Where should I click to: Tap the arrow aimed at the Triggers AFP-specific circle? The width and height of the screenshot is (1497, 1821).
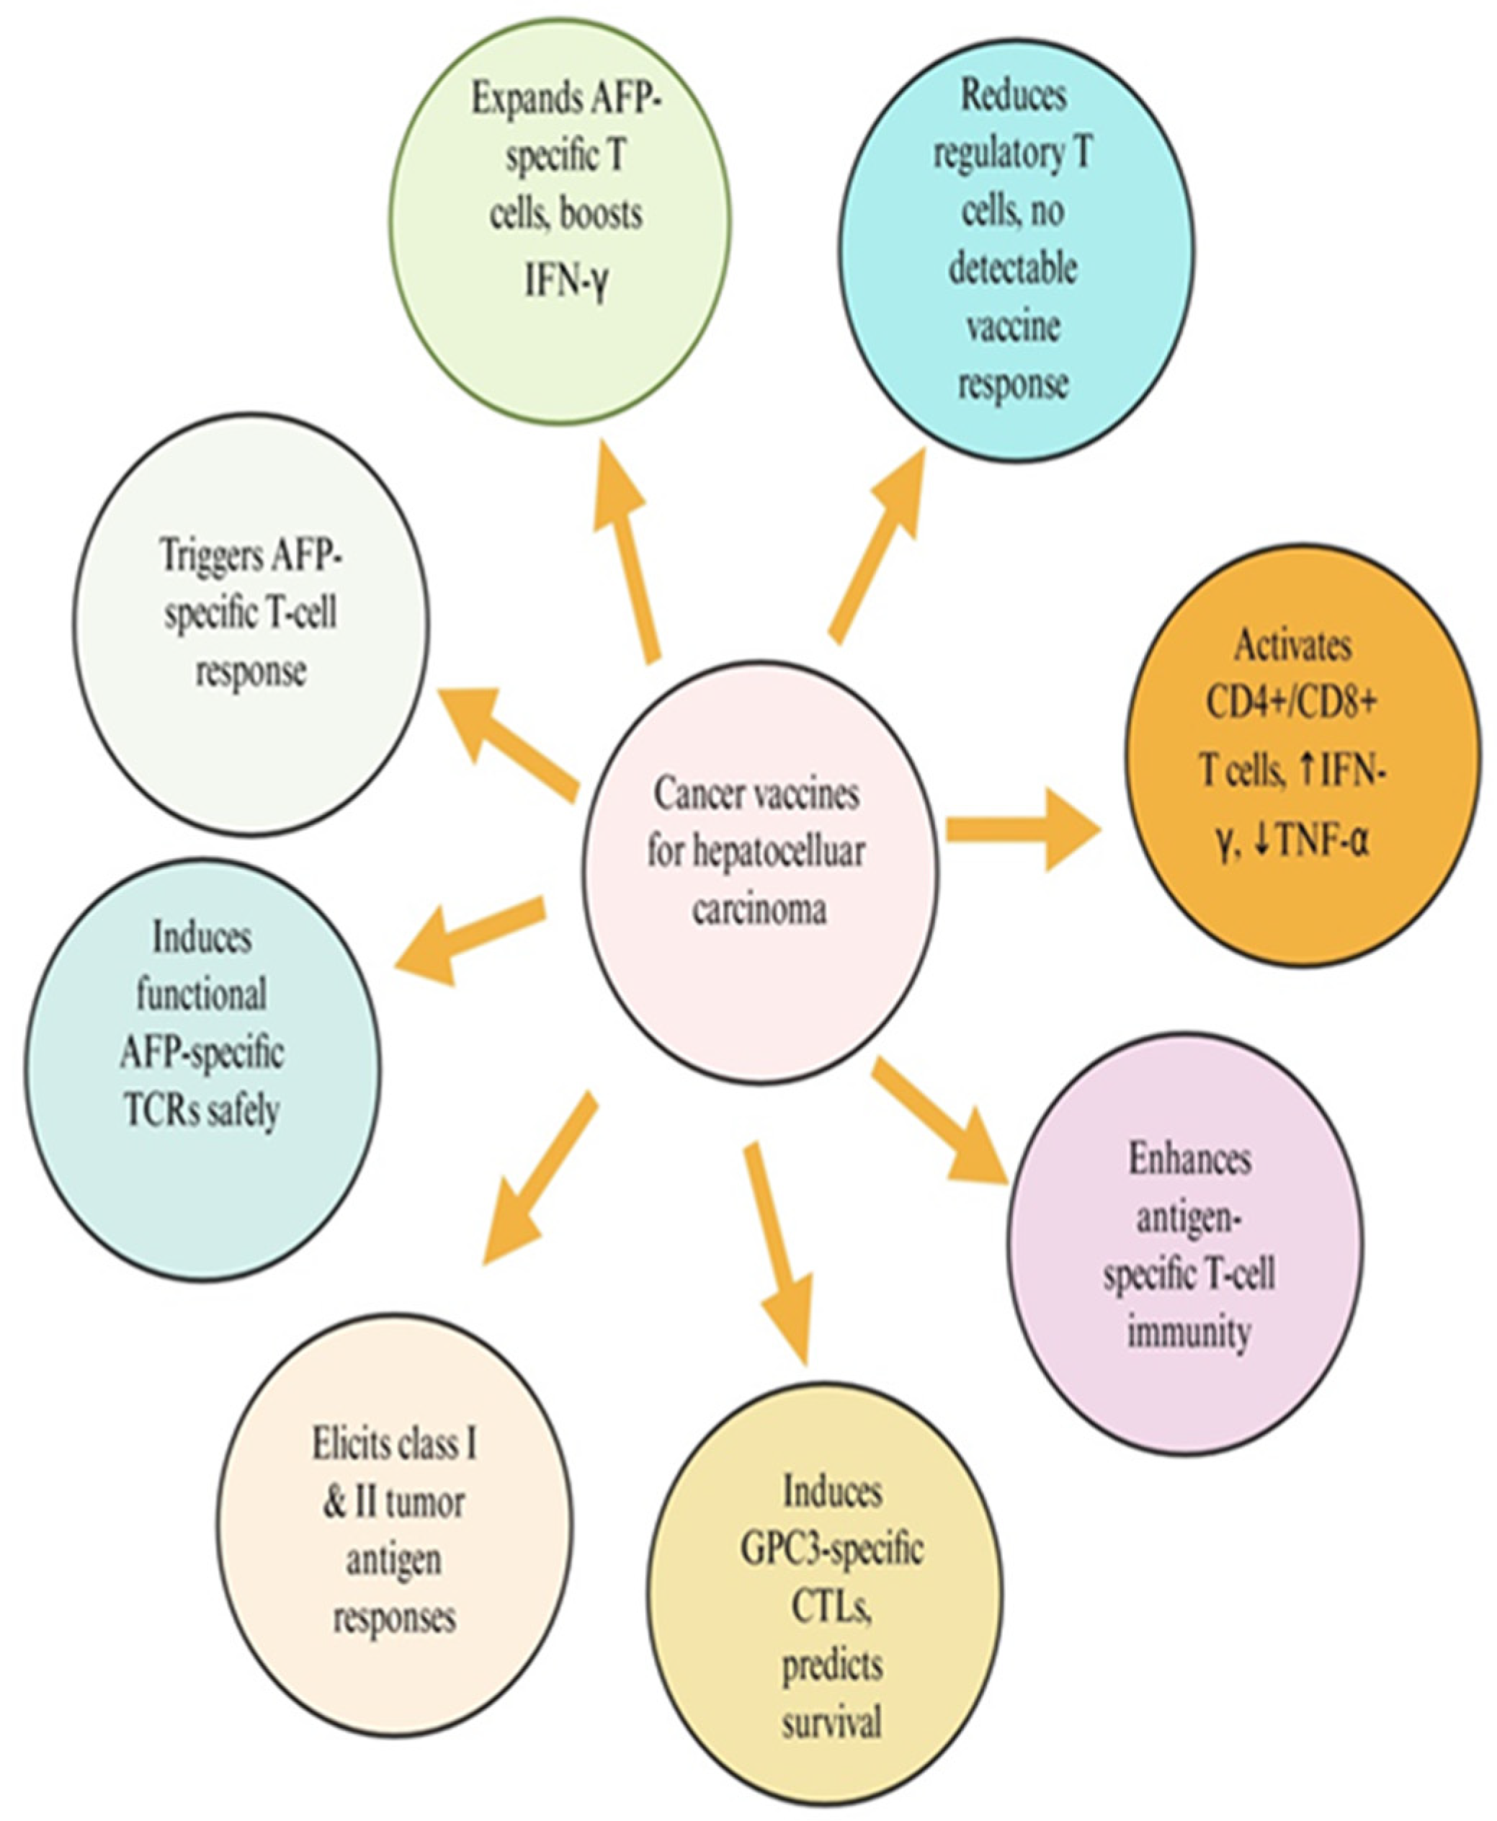coord(509,737)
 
